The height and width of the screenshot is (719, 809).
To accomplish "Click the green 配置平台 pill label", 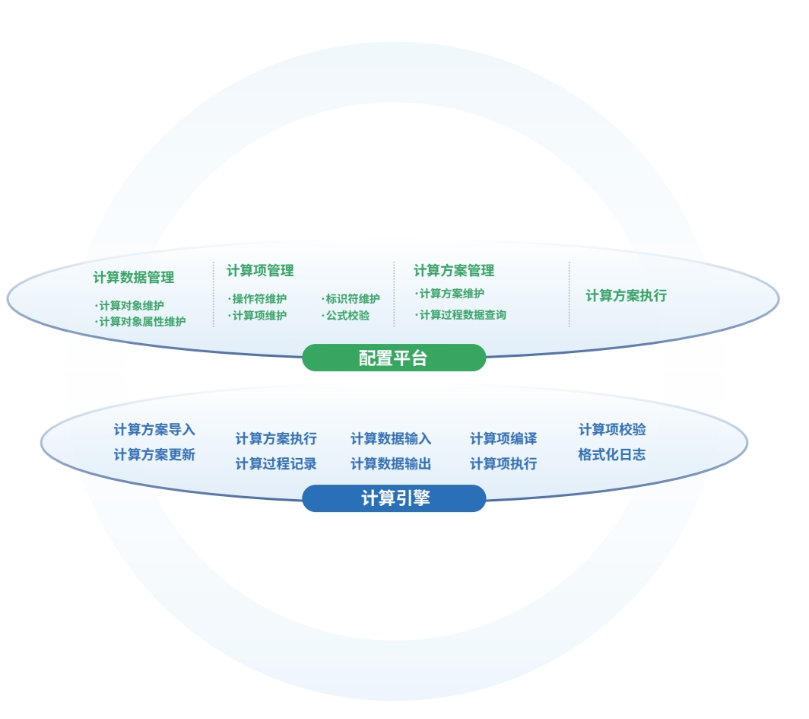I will coord(393,358).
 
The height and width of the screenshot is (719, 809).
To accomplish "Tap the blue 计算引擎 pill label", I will coord(395,499).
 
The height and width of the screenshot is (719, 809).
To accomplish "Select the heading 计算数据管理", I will coord(134,278).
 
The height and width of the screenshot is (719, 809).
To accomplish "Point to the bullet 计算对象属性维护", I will coord(141,322).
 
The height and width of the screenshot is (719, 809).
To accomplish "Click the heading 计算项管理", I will coord(260,271).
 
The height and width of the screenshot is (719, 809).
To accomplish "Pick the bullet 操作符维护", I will coord(258,299).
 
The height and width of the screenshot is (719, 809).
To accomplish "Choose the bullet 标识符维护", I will coord(351,299).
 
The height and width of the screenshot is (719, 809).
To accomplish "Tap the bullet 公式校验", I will coord(347,316).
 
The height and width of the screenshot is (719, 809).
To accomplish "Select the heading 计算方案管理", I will coord(454,271).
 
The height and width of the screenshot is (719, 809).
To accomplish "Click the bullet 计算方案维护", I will coord(450,294).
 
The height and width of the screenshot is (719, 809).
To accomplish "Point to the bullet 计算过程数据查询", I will coord(462,315).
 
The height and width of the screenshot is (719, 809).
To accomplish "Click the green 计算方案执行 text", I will coord(626,296).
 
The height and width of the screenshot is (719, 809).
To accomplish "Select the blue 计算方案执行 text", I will coord(276,439).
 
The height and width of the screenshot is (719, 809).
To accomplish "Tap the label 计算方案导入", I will coord(154,430).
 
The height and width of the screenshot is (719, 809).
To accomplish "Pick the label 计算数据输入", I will coord(391,439).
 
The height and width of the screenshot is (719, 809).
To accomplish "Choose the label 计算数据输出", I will coord(391,464).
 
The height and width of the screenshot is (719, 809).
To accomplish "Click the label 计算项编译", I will coord(503,439).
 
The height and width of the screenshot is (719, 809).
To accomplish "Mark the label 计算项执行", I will coord(503,464).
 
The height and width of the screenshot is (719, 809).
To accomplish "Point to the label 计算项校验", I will coord(612,430).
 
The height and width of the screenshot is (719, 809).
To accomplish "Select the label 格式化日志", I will coord(612,455).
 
